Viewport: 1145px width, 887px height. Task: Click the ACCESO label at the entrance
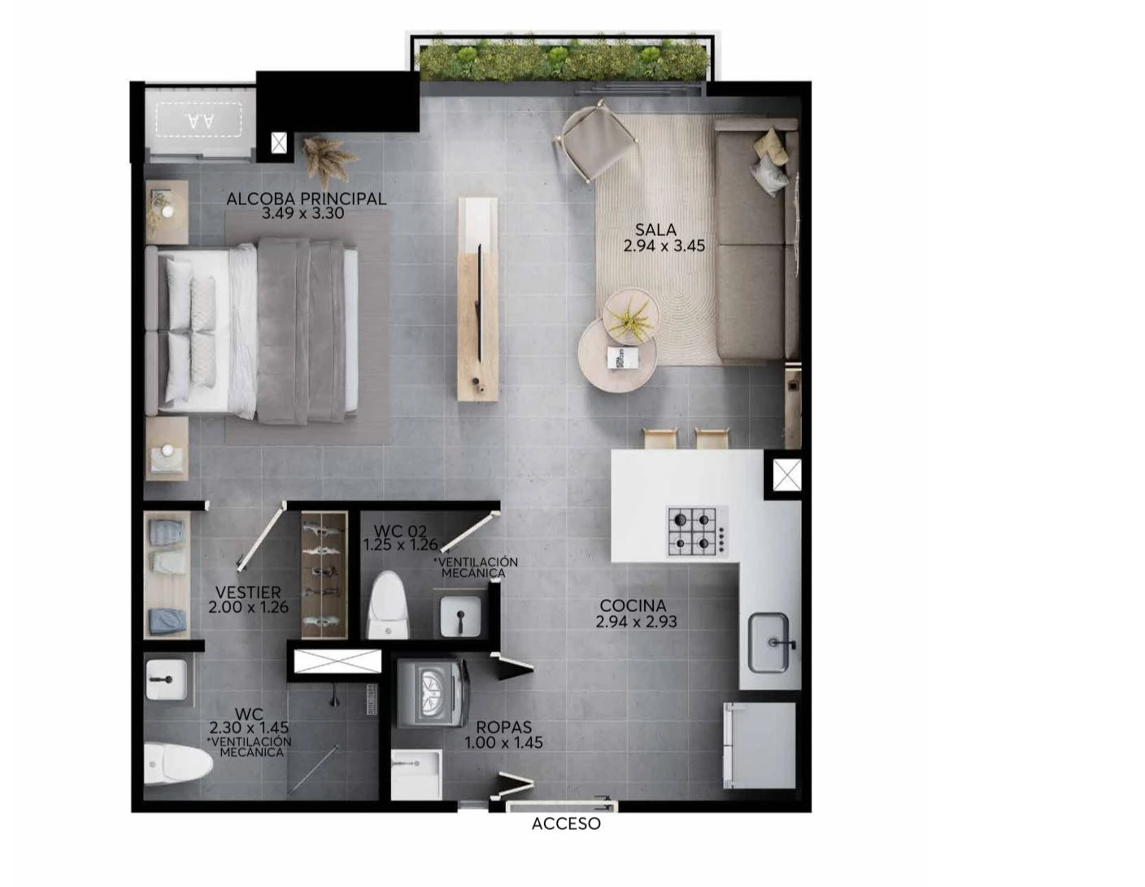566,824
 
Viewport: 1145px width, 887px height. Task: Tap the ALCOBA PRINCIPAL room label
306,199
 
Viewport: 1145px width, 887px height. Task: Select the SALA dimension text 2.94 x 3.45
664,246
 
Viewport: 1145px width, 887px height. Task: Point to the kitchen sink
770,642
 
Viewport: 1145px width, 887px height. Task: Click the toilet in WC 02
390,605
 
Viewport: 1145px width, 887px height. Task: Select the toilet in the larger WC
178,762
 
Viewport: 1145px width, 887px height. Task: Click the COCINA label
633,605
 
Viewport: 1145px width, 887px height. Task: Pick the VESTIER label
248,592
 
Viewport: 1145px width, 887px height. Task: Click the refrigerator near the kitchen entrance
760,745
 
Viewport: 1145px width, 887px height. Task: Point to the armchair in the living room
595,141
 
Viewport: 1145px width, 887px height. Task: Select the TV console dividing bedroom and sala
478,299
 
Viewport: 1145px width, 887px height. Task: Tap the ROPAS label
503,728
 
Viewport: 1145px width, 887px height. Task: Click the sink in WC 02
460,616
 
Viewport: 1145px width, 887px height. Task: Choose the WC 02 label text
400,531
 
